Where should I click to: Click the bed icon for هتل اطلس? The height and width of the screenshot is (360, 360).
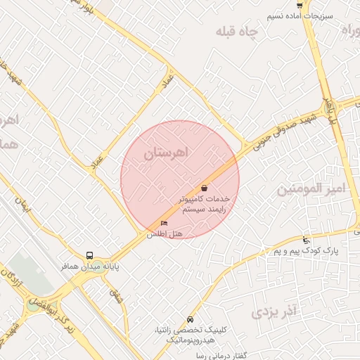tap(165, 224)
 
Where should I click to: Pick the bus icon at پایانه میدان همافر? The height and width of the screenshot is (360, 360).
tap(89, 256)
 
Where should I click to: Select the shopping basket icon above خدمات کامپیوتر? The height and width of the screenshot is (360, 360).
tap(204, 188)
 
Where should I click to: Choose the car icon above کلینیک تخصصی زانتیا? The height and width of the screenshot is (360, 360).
tap(191, 317)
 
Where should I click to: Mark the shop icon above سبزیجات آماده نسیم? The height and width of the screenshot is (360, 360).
tap(300, 5)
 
